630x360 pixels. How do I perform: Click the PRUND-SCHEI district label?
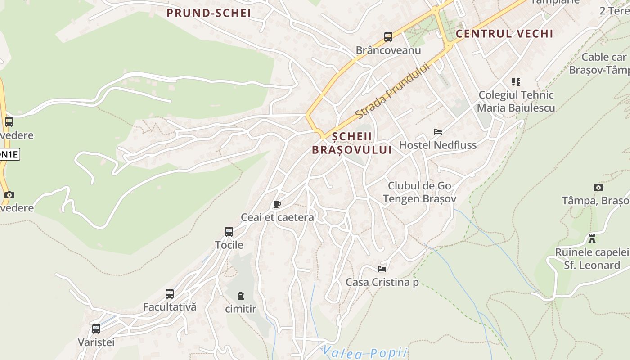pyautogui.click(x=209, y=13)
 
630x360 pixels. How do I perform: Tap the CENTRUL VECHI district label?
pyautogui.click(x=504, y=34)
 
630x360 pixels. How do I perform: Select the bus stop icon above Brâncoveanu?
pyautogui.click(x=388, y=37)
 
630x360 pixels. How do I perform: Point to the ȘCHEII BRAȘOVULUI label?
pyautogui.click(x=352, y=143)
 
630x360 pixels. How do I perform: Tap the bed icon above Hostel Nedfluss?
pyautogui.click(x=438, y=132)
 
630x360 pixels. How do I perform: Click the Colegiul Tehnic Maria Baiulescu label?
pyautogui.click(x=516, y=101)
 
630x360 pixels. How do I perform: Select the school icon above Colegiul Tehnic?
pyautogui.click(x=516, y=82)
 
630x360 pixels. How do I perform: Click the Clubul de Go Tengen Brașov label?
pyautogui.click(x=419, y=192)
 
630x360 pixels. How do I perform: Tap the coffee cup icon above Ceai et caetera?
pyautogui.click(x=277, y=205)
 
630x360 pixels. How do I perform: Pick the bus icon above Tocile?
pyautogui.click(x=229, y=232)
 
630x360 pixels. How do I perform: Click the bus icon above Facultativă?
pyautogui.click(x=170, y=294)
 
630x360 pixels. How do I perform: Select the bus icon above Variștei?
pyautogui.click(x=96, y=329)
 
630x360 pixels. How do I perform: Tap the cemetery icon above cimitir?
pyautogui.click(x=241, y=296)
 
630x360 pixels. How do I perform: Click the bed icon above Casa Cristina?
pyautogui.click(x=382, y=269)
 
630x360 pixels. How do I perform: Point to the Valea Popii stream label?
pyautogui.click(x=365, y=352)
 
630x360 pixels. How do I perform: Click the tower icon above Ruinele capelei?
pyautogui.click(x=592, y=238)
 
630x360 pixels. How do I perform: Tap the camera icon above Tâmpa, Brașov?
pyautogui.click(x=598, y=187)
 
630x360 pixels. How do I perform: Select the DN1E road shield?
pyautogui.click(x=9, y=154)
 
